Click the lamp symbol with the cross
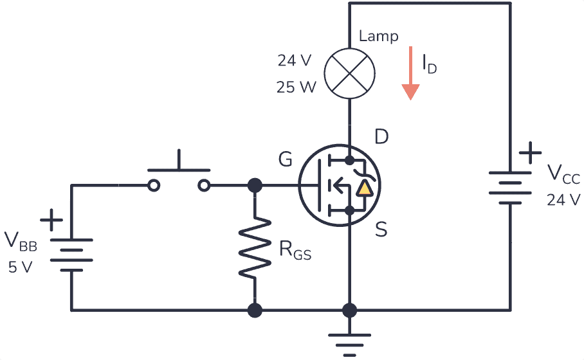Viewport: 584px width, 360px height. (x=349, y=72)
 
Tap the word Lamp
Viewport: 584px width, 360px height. (x=379, y=37)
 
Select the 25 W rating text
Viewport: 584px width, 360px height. (x=297, y=87)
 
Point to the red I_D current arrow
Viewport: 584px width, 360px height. (x=410, y=74)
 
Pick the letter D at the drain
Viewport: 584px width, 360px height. (x=381, y=138)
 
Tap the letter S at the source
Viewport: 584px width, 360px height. (x=381, y=230)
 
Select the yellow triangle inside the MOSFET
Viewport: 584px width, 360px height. (x=365, y=188)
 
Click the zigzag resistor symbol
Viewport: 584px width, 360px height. (x=255, y=248)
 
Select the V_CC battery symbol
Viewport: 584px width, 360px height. (x=510, y=187)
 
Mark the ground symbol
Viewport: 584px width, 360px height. (x=349, y=343)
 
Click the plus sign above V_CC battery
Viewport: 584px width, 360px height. (x=530, y=154)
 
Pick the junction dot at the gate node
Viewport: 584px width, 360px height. (x=255, y=186)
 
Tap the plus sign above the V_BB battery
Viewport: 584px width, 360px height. (x=51, y=220)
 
